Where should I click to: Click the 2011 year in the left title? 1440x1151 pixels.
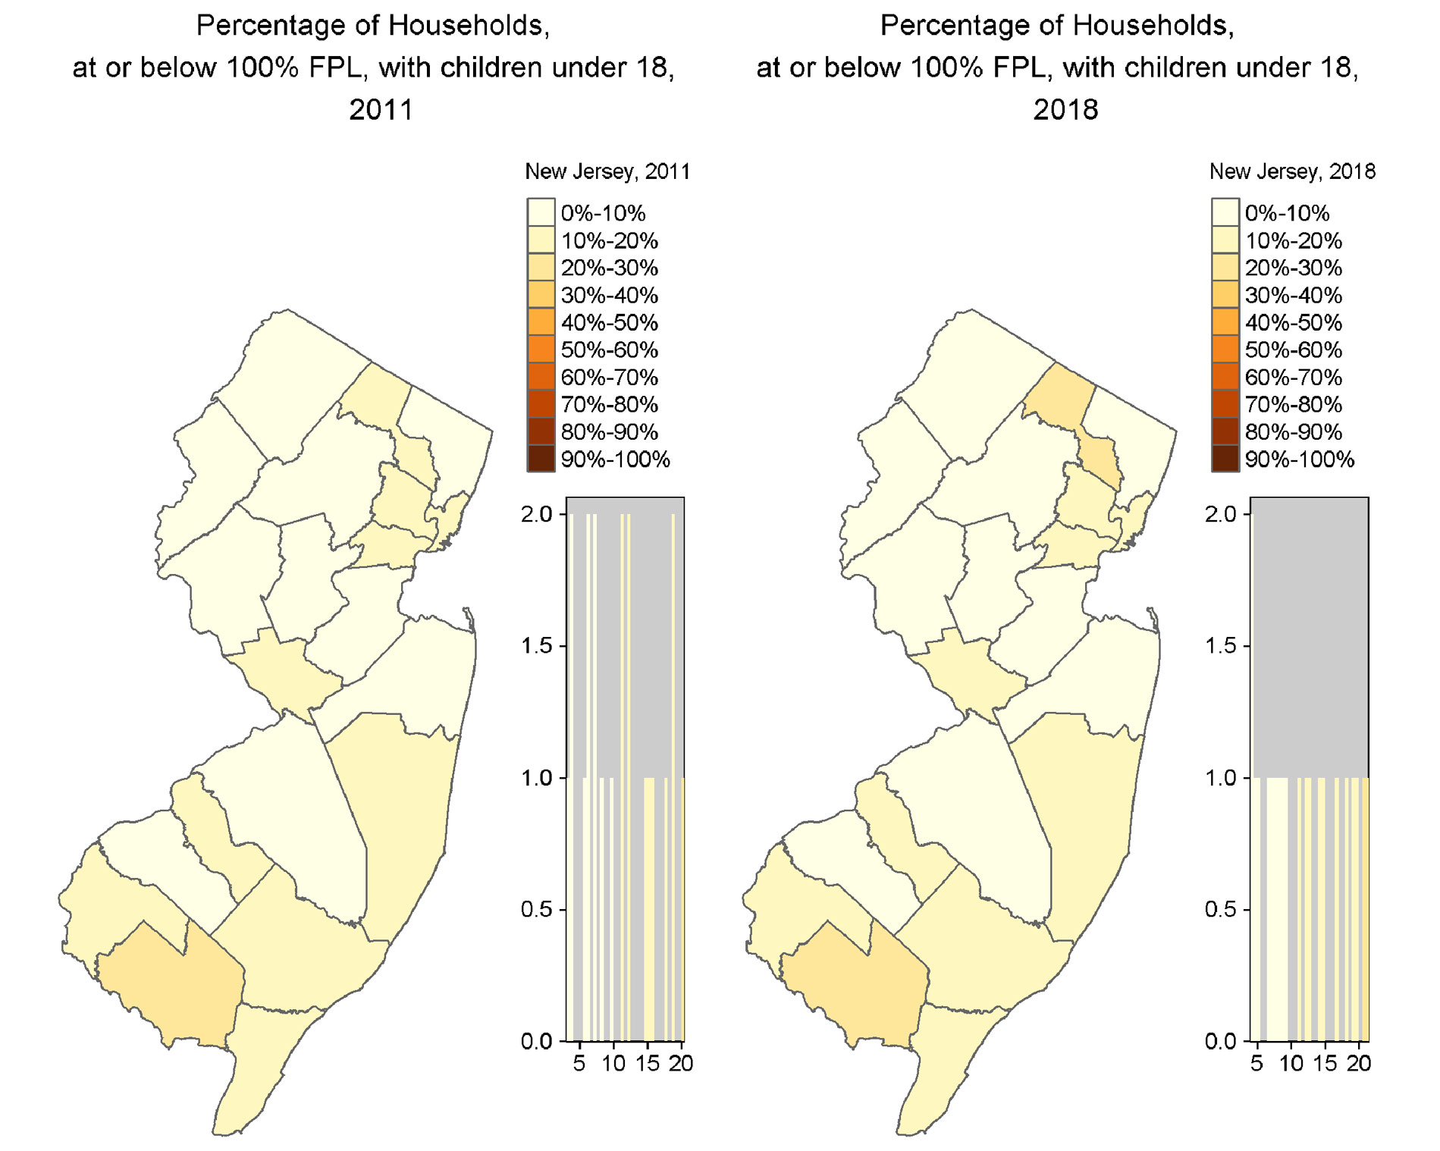click(381, 110)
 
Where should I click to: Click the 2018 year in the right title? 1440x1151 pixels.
click(1065, 110)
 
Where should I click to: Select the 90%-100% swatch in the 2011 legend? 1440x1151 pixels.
click(541, 459)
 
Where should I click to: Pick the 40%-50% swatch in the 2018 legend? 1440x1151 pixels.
click(1225, 323)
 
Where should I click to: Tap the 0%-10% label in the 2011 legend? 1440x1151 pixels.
click(603, 213)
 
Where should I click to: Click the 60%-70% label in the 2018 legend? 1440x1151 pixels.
click(1293, 378)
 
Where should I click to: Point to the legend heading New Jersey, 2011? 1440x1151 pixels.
click(607, 171)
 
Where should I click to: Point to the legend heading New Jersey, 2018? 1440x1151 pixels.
click(1292, 171)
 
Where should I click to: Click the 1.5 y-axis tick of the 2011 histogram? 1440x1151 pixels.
click(537, 646)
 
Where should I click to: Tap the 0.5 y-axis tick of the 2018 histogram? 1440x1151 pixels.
click(1221, 909)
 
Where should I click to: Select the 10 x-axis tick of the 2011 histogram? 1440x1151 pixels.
click(613, 1064)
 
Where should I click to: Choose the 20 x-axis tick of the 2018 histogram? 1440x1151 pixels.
click(1358, 1064)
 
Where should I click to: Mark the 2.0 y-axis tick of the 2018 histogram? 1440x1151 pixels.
click(1221, 514)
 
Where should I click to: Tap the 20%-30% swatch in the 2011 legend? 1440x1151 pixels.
click(541, 268)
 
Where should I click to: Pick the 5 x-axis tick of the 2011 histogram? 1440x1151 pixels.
click(579, 1064)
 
